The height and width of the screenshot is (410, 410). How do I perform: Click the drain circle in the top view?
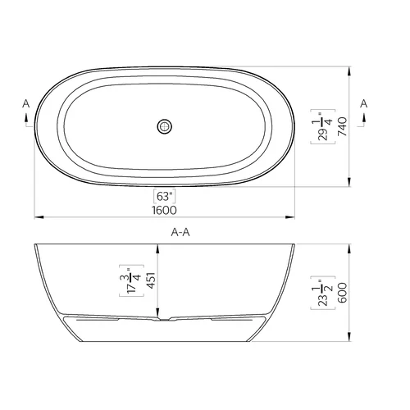pos(165,126)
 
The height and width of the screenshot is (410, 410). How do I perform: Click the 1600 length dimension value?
pos(164,210)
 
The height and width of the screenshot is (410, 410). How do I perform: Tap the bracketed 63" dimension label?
pos(164,196)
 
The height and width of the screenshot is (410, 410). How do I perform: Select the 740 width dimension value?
pos(342,126)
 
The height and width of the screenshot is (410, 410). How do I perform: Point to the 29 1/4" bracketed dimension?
pos(323,126)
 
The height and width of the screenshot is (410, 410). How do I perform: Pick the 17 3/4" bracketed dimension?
pos(131,280)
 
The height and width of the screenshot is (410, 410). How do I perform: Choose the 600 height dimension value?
pos(342,293)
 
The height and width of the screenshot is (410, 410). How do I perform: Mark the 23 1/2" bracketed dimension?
pos(323,293)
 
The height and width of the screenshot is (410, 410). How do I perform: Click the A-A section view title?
pos(180,232)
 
